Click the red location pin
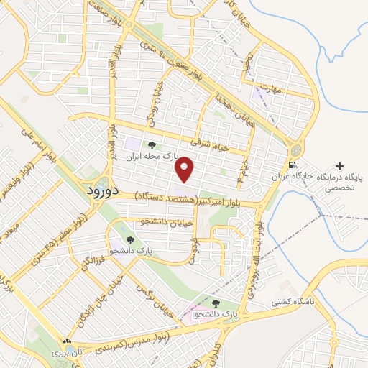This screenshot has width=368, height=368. click(x=185, y=168)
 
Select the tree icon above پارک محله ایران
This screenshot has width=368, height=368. click(x=150, y=146)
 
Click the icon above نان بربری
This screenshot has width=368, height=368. click(x=67, y=342)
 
